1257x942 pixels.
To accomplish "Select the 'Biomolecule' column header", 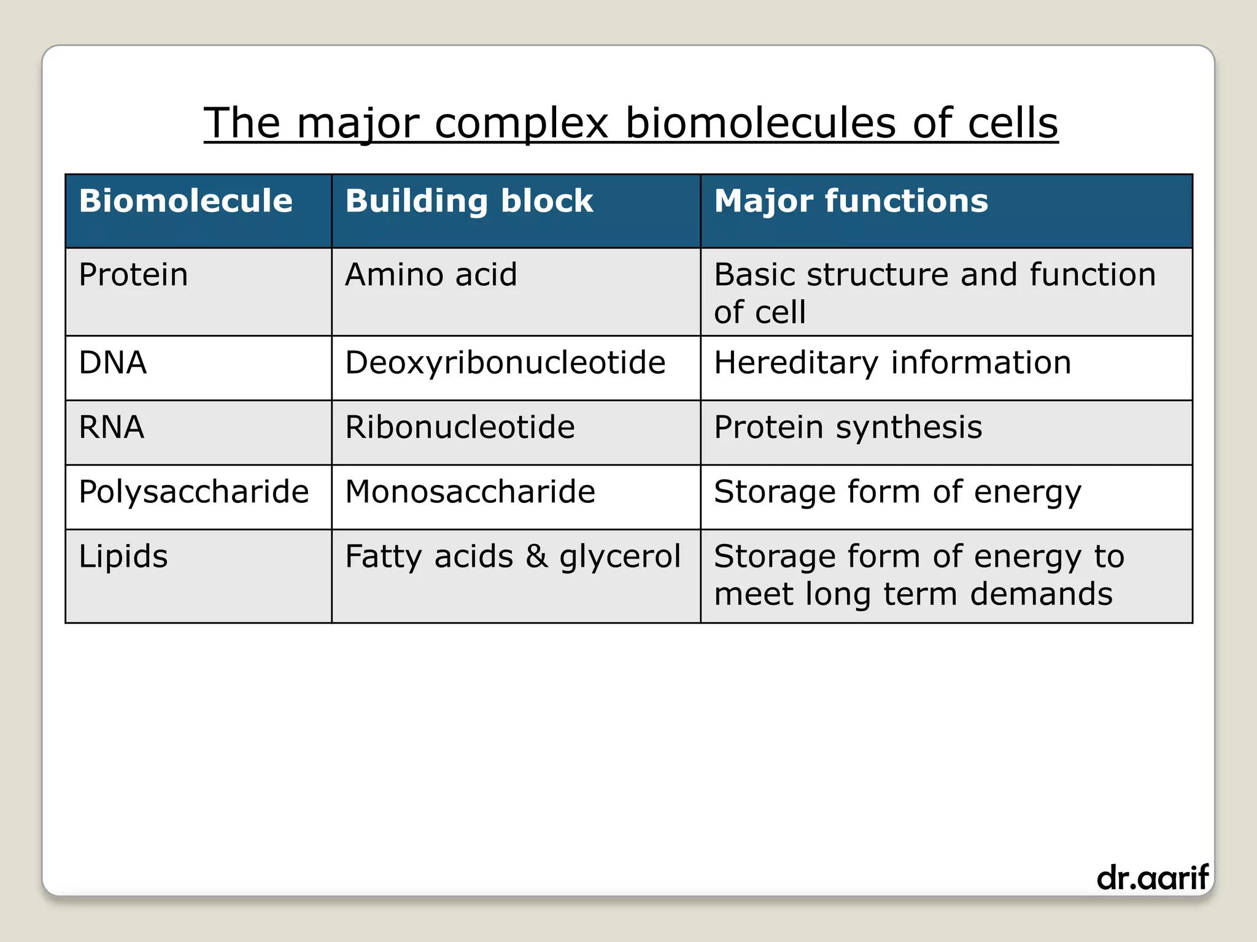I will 185,201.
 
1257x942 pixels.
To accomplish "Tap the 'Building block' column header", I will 469,201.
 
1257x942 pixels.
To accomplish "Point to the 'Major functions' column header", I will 851,201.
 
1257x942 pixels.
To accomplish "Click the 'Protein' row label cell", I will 133,275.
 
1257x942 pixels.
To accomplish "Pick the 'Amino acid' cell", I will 431,275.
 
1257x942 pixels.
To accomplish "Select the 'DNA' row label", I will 113,362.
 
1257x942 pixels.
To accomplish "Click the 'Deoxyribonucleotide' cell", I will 505,362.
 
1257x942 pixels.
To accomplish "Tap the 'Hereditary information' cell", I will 892,362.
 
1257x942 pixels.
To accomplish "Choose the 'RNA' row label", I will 112,427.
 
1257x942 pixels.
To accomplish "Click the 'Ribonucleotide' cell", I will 460,427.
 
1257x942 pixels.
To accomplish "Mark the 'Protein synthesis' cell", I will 848,427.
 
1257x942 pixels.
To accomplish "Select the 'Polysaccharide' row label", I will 193,492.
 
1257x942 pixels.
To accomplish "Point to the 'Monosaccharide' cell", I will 470,492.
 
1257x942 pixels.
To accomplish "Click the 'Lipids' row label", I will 123,557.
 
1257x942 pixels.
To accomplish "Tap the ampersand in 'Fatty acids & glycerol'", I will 536,557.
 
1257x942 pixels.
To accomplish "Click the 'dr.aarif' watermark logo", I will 1152,878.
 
